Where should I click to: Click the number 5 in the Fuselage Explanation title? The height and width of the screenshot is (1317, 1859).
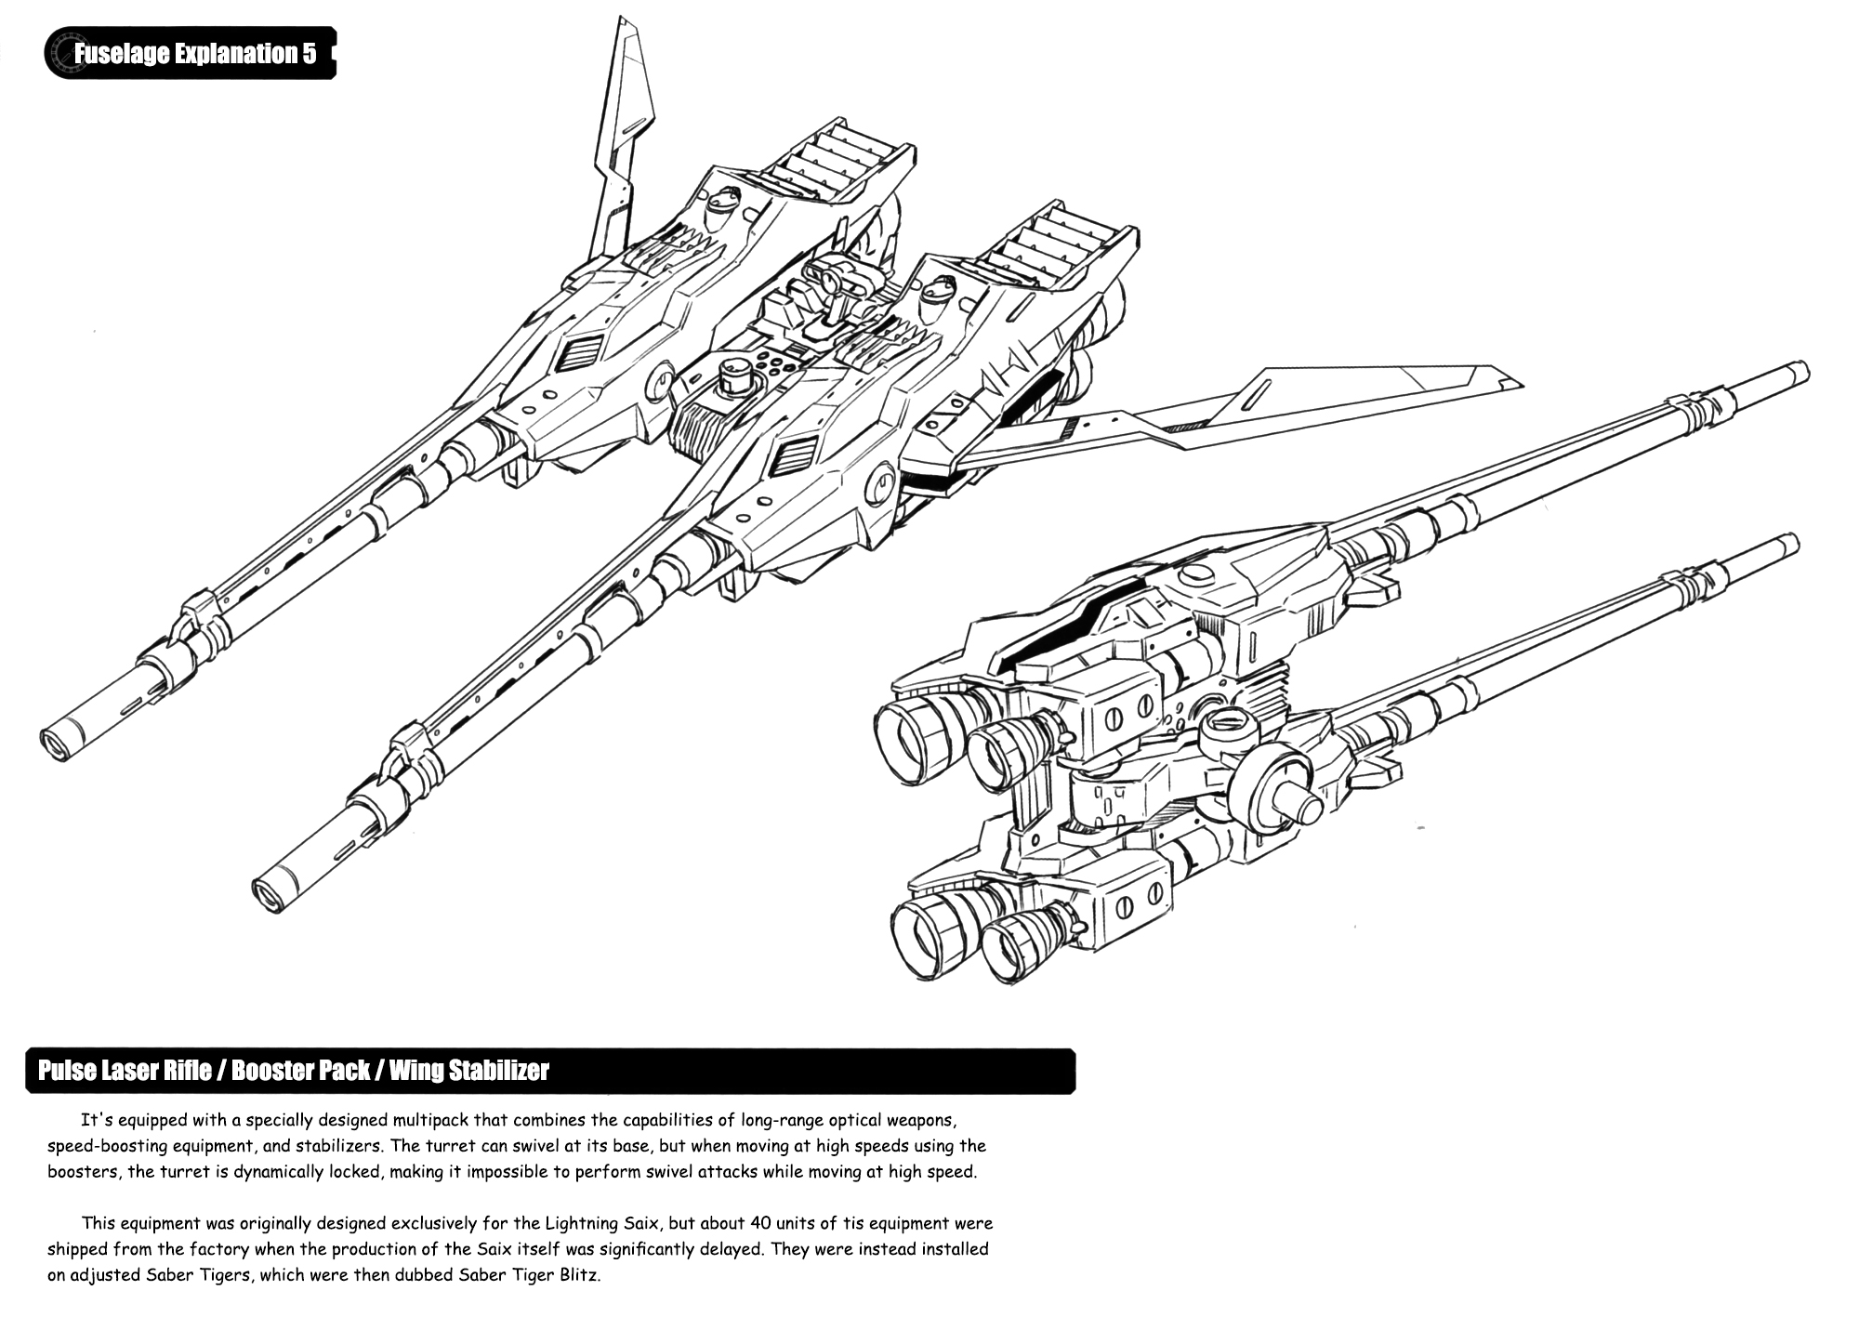(309, 54)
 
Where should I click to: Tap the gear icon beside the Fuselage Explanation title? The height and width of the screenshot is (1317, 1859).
(63, 52)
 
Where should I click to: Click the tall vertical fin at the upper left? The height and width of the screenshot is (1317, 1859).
(622, 139)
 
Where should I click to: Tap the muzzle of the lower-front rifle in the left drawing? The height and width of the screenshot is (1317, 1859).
(267, 893)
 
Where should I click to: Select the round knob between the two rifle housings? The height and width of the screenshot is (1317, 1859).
(735, 378)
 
